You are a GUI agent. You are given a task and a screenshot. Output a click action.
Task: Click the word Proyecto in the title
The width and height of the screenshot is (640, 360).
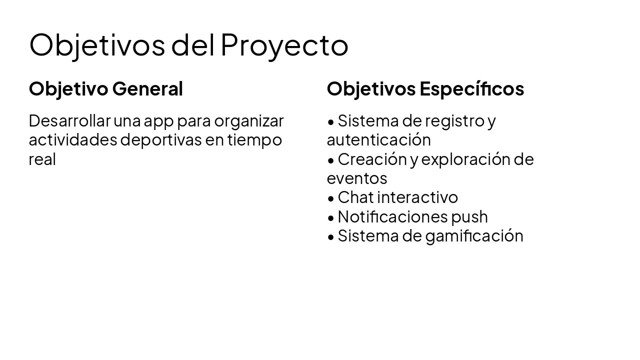point(284,45)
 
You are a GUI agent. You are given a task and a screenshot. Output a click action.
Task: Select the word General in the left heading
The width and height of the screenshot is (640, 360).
point(147,89)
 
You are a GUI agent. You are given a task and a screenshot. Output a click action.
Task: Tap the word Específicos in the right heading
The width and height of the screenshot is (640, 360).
point(471,89)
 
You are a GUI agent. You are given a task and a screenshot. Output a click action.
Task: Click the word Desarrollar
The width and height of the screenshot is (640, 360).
point(69,121)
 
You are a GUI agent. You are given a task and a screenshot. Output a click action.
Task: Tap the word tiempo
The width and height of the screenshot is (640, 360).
point(254,140)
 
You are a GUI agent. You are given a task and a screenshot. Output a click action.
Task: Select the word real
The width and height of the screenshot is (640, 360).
point(42,159)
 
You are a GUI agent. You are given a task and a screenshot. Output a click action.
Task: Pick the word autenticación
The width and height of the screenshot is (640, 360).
point(378,140)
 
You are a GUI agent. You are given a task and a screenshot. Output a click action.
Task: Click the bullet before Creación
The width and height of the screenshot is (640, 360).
point(331,160)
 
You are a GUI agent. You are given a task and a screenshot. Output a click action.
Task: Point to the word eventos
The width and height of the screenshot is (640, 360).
point(357,178)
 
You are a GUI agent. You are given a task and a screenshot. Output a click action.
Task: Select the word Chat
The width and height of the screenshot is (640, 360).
point(355,197)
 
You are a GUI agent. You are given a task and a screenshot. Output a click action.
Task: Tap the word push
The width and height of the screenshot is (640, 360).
point(469,217)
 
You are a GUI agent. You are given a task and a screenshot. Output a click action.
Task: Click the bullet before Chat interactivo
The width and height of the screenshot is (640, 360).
point(331,198)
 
